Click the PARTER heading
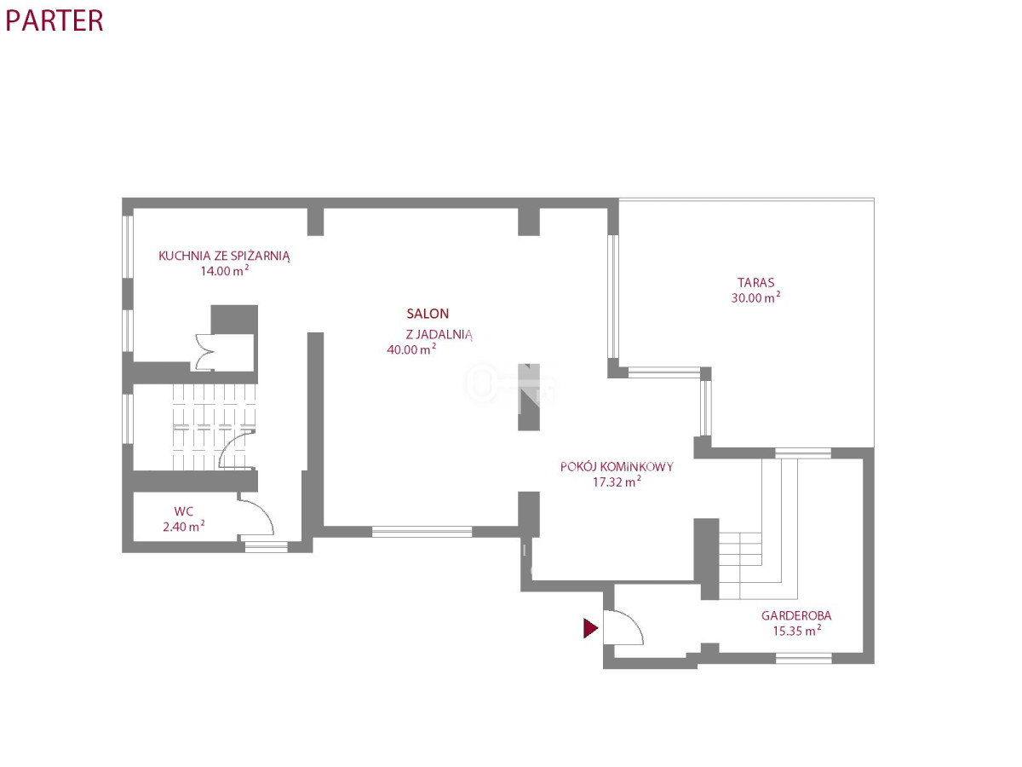click(x=54, y=20)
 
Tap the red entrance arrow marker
click(x=590, y=628)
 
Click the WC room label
click(x=183, y=511)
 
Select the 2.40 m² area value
click(x=183, y=526)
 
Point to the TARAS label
click(x=755, y=282)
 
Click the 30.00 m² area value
click(x=755, y=297)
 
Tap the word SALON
click(x=428, y=314)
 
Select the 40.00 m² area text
click(x=411, y=349)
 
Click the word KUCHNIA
click(x=184, y=256)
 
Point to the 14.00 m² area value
click(x=225, y=270)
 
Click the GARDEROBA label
click(x=796, y=615)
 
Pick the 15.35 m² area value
click(x=796, y=631)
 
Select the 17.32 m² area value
click(x=617, y=482)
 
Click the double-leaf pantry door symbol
click(x=204, y=352)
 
